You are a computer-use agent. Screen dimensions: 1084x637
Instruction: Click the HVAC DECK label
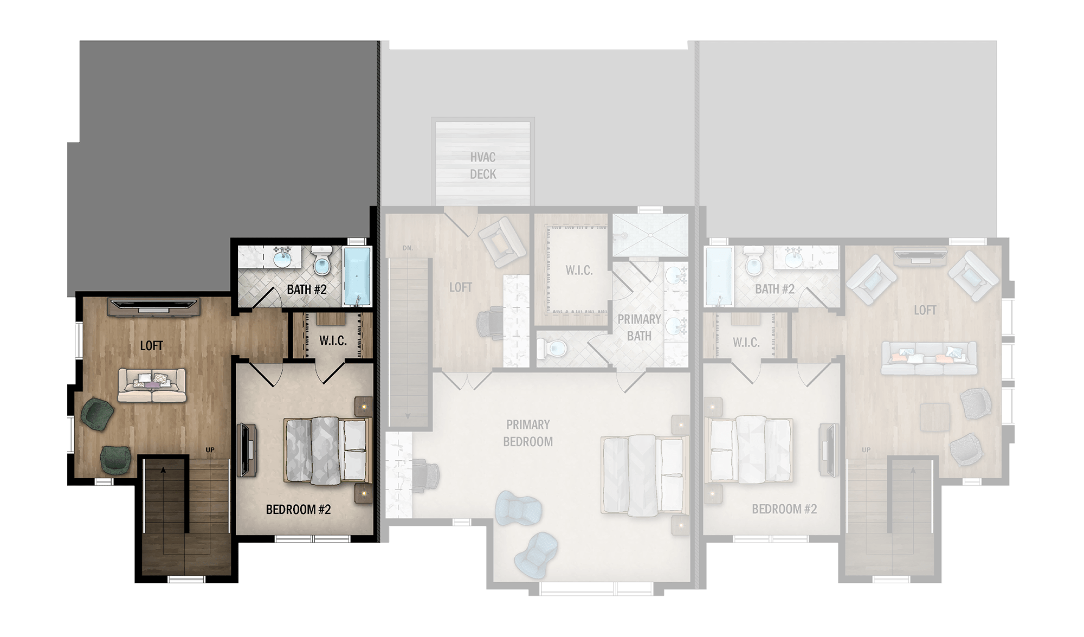coord(483,165)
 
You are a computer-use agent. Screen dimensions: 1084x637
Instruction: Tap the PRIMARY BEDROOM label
coord(528,433)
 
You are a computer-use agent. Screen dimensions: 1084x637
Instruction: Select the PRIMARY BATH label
coord(639,327)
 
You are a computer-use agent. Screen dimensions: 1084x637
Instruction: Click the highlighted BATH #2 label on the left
coord(307,289)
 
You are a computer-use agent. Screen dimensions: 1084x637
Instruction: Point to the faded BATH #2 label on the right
coord(775,289)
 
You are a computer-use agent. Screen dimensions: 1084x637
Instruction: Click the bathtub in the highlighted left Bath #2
coord(357,276)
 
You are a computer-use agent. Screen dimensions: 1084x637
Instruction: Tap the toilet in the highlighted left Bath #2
coord(322,261)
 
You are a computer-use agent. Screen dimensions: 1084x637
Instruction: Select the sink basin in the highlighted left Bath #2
coord(282,259)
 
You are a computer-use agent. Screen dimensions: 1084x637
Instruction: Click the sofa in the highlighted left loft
coord(152,385)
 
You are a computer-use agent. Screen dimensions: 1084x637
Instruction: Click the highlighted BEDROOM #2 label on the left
coord(298,510)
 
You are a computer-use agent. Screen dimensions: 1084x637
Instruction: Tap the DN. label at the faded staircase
coord(408,248)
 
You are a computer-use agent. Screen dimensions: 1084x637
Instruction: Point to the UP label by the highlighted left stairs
coord(210,450)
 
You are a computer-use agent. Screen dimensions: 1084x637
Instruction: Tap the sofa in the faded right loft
coord(929,358)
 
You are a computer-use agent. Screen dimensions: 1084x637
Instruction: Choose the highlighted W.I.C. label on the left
coord(333,340)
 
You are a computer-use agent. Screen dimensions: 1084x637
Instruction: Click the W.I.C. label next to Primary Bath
coord(579,270)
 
